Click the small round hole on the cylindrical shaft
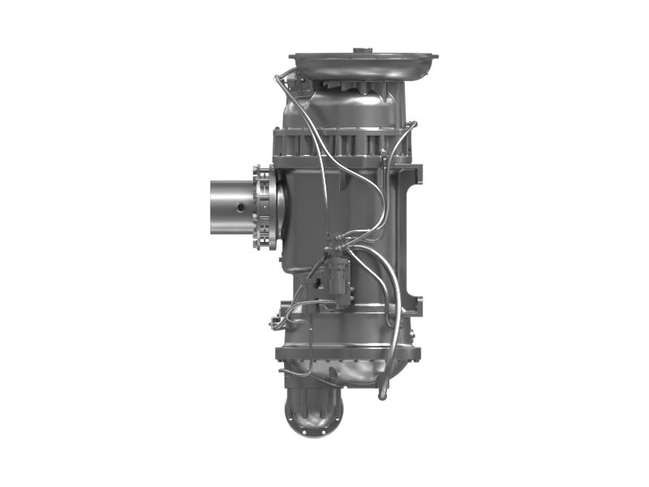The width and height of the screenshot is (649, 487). pyautogui.click(x=241, y=207)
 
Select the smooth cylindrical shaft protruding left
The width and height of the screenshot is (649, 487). pyautogui.click(x=232, y=207)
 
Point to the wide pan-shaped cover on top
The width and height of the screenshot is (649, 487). pyautogui.click(x=363, y=64)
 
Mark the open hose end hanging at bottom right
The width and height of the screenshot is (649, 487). pyautogui.click(x=382, y=394)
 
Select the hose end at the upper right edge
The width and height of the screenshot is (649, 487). pyautogui.click(x=414, y=124)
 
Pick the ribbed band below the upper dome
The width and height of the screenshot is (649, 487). pyautogui.click(x=341, y=144)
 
